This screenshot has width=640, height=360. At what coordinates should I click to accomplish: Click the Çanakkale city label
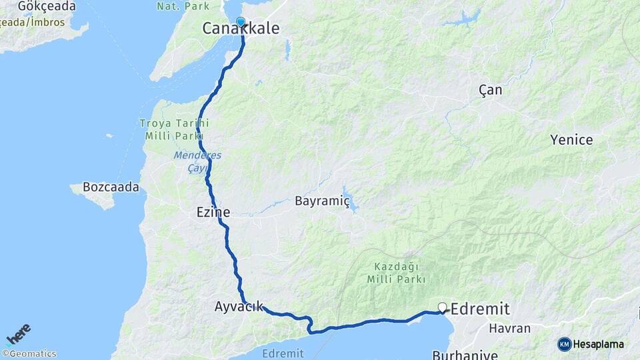click(x=241, y=29)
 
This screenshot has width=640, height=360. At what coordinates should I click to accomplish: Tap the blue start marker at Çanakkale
click(x=241, y=21)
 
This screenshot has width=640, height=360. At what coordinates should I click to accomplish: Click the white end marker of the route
click(x=442, y=307)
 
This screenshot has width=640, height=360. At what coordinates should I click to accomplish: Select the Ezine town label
click(x=213, y=213)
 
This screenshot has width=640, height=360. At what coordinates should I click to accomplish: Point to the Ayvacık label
click(x=239, y=307)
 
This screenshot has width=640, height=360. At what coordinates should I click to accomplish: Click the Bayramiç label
click(x=322, y=201)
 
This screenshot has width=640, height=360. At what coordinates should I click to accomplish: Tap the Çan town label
click(x=491, y=90)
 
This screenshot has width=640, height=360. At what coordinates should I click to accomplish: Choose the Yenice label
click(x=571, y=140)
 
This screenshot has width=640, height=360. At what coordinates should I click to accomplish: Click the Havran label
click(x=509, y=328)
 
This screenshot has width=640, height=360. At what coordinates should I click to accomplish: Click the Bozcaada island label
click(x=111, y=187)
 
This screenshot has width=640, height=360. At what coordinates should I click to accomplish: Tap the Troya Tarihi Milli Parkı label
click(x=174, y=129)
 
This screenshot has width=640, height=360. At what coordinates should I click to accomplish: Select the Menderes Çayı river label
click(x=197, y=161)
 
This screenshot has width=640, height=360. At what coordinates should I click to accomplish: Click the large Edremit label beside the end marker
click(x=480, y=309)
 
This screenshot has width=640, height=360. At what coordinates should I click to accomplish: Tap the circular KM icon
click(x=565, y=344)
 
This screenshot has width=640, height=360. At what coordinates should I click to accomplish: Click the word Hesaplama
click(x=599, y=345)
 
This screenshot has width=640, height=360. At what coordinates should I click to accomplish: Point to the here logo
click(x=18, y=333)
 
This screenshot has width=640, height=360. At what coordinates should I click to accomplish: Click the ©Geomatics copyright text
click(x=29, y=354)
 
